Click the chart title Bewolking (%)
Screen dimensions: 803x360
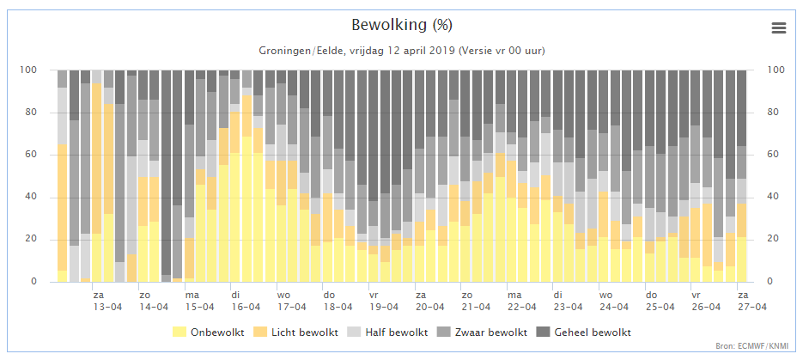tap(402, 25)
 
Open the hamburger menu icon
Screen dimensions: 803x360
tap(778, 28)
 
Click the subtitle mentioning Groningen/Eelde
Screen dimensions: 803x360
tap(402, 52)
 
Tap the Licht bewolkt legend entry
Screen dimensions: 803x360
tap(296, 333)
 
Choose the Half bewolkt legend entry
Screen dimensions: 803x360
tap(389, 333)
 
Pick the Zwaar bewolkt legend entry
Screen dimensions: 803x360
tap(484, 333)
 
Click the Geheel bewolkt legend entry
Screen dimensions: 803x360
tap(585, 333)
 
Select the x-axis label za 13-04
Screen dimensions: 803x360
tap(107, 301)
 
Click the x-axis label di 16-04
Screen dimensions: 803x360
tap(246, 301)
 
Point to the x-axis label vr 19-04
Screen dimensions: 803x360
tap(384, 301)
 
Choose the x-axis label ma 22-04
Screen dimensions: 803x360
tap(522, 301)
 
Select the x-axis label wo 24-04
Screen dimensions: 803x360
tap(614, 301)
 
